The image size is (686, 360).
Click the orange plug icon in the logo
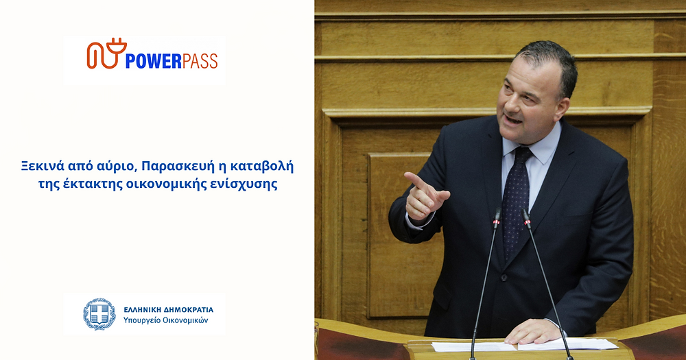coord(107,53)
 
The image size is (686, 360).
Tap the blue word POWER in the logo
coord(154,61)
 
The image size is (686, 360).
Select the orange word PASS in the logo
coord(200,61)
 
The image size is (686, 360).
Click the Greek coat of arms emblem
coord(99,313)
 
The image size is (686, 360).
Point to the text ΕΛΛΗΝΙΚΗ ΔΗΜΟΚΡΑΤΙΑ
coord(169,310)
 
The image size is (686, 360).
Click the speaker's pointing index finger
coord(416,180)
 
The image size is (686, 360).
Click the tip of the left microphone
coord(497,214)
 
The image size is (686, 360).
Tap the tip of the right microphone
coord(525,215)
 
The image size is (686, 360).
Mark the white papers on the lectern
coord(525,345)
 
